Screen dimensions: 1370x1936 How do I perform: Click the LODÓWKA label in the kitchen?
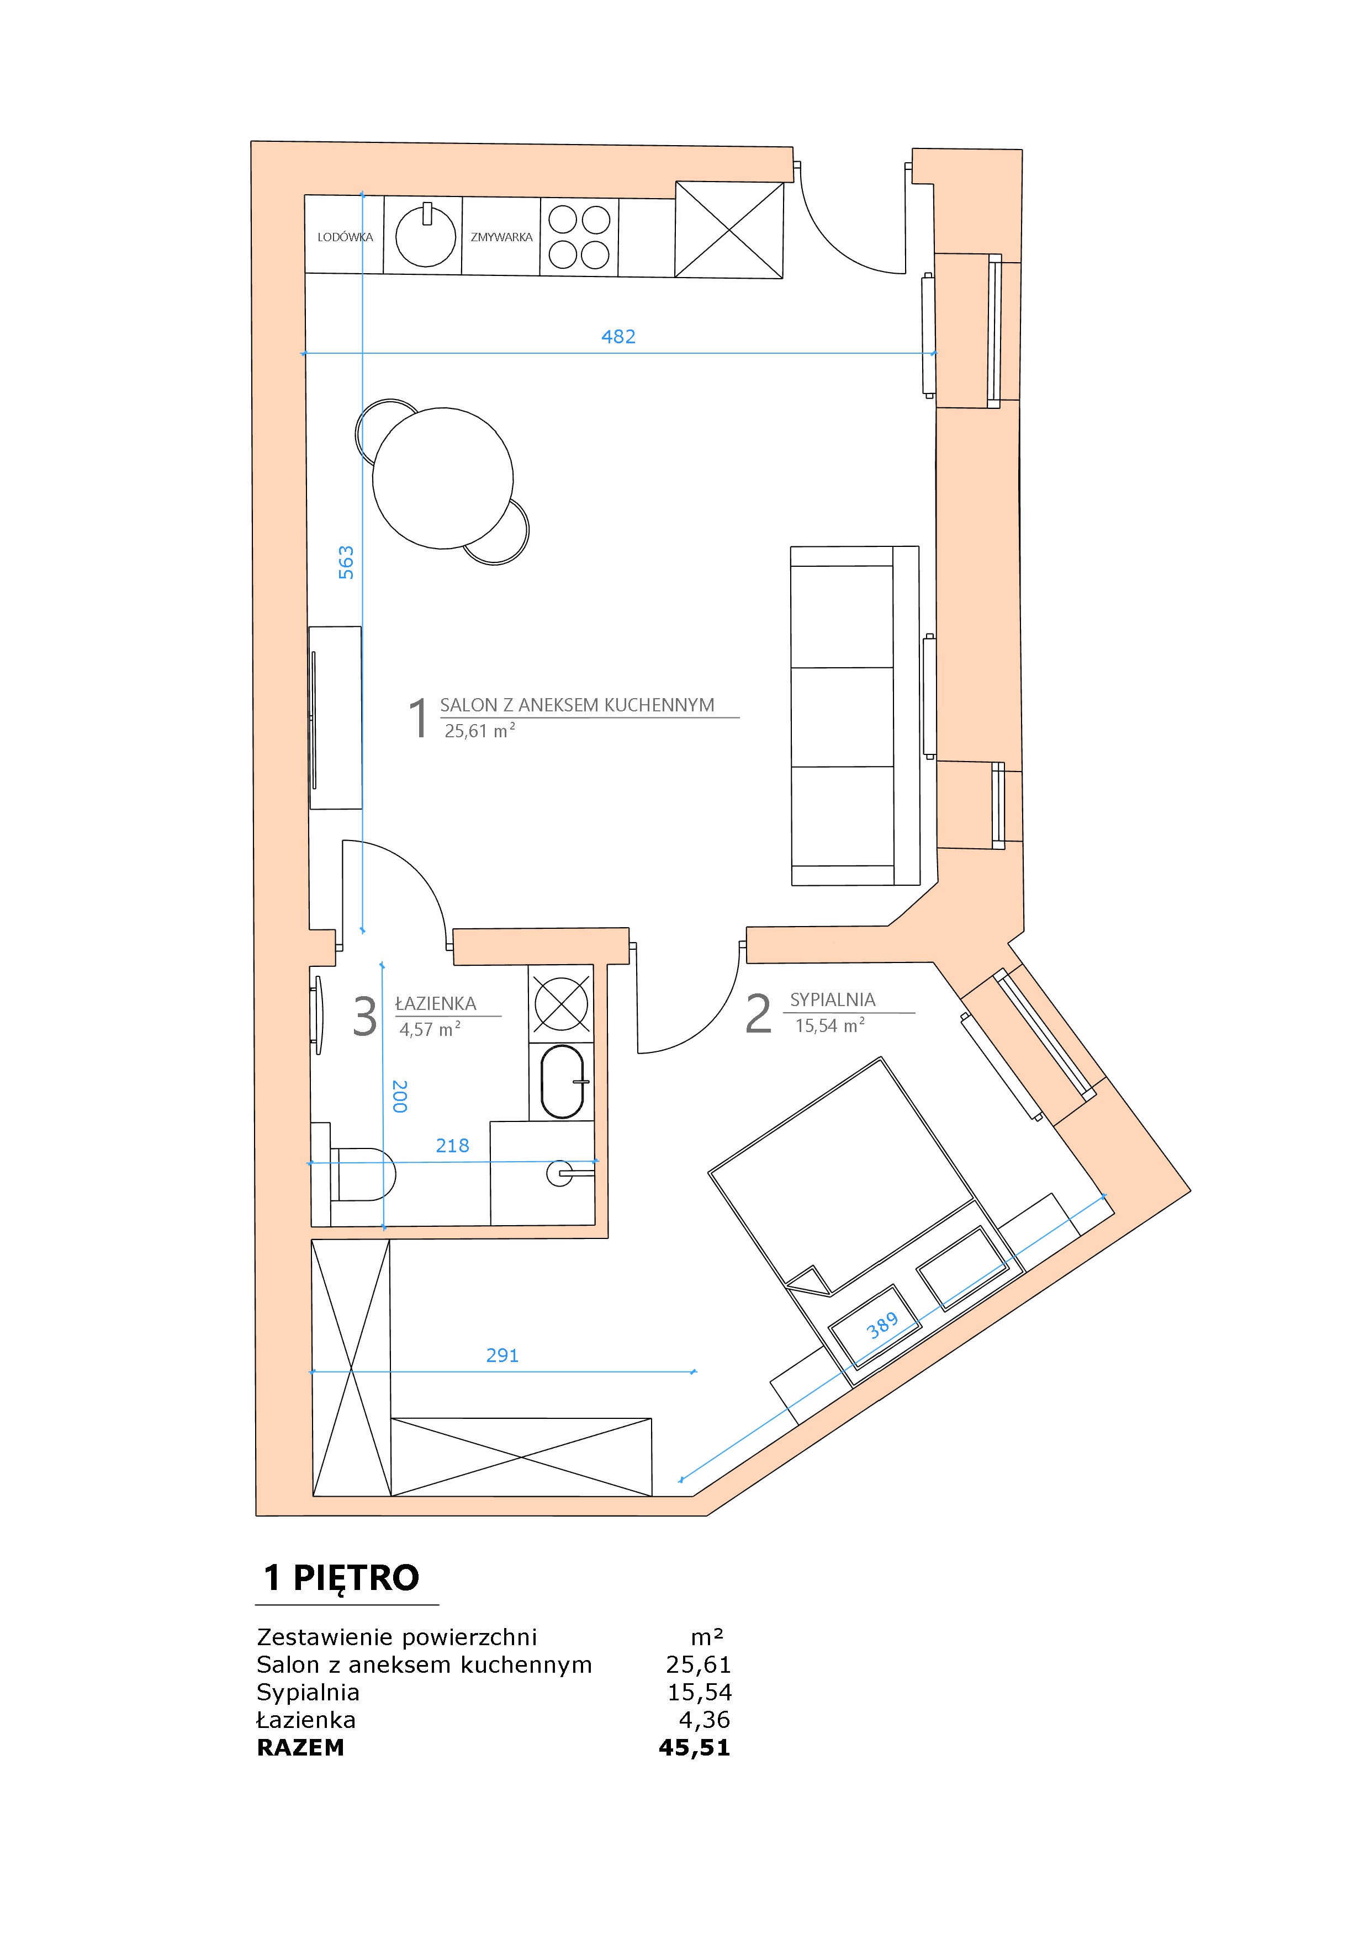coord(345,237)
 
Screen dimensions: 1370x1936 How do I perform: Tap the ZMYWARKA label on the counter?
coord(502,237)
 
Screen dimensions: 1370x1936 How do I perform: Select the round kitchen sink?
coord(426,235)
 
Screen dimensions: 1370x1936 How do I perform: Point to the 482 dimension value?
coord(618,337)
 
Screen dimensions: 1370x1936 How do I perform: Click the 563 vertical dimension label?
coord(346,562)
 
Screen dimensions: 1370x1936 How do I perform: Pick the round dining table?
coord(443,478)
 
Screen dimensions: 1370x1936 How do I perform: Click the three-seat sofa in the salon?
coord(855,716)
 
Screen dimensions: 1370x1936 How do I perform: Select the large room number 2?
coord(758,1014)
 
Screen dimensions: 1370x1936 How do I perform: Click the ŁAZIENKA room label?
coord(436,1003)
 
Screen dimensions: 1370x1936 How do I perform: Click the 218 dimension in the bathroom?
coord(452,1145)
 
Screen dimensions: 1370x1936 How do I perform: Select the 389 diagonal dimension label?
coord(882,1326)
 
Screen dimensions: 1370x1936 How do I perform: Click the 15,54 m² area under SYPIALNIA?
coord(830,1025)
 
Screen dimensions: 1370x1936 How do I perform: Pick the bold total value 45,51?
coord(694,1747)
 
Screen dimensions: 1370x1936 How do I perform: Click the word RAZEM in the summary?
coord(300,1747)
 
